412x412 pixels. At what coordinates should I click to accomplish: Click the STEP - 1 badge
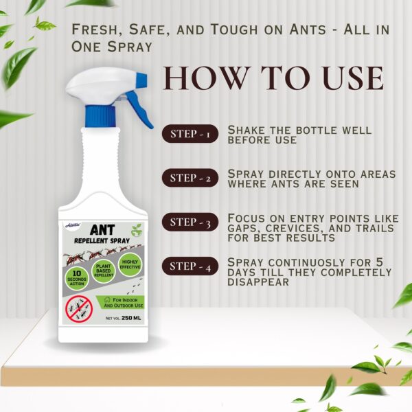tap(190, 135)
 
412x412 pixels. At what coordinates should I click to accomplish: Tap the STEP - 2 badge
tap(190, 179)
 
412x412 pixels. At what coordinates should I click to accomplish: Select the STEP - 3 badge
tap(190, 222)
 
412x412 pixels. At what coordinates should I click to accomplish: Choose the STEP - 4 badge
tap(190, 266)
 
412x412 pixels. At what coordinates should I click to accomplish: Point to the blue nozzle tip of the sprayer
tap(141, 79)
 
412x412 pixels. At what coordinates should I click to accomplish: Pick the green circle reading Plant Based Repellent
tap(104, 268)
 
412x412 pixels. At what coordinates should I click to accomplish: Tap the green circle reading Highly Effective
tap(130, 264)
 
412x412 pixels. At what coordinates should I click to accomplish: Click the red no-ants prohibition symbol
tap(79, 310)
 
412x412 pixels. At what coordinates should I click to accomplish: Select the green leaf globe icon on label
tap(137, 229)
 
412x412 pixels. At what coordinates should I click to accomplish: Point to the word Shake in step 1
tap(247, 130)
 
